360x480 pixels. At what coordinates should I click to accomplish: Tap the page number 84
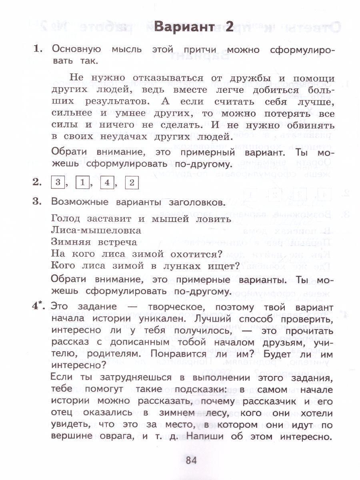pos(191,460)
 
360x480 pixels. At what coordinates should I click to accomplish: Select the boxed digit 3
pos(58,183)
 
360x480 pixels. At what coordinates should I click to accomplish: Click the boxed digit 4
pos(107,183)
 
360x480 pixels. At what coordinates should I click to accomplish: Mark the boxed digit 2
pos(132,183)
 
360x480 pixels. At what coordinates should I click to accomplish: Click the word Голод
pos(66,219)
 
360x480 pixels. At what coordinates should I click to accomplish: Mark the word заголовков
pos(193,202)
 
